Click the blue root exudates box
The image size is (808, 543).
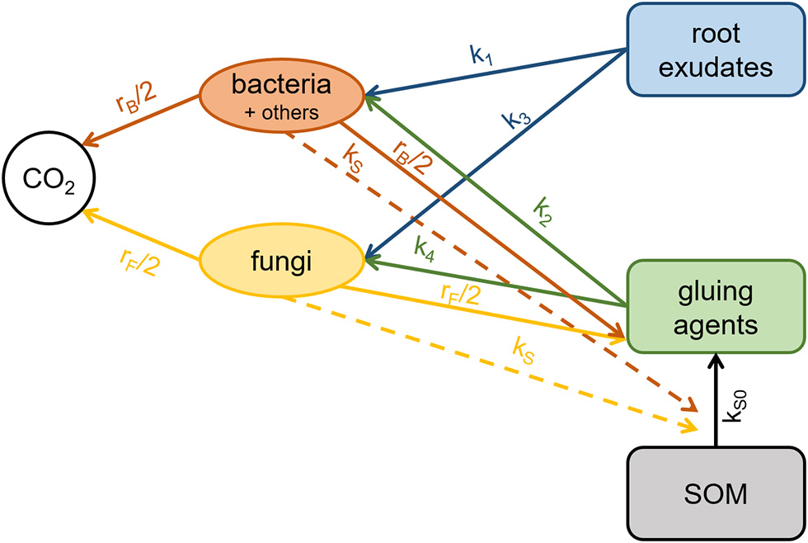click(716, 50)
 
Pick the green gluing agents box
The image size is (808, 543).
click(716, 308)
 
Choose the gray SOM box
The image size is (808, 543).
click(716, 493)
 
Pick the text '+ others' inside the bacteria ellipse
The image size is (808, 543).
click(283, 113)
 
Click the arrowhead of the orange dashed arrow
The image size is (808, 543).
click(688, 404)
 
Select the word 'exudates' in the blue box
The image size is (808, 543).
click(716, 66)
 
